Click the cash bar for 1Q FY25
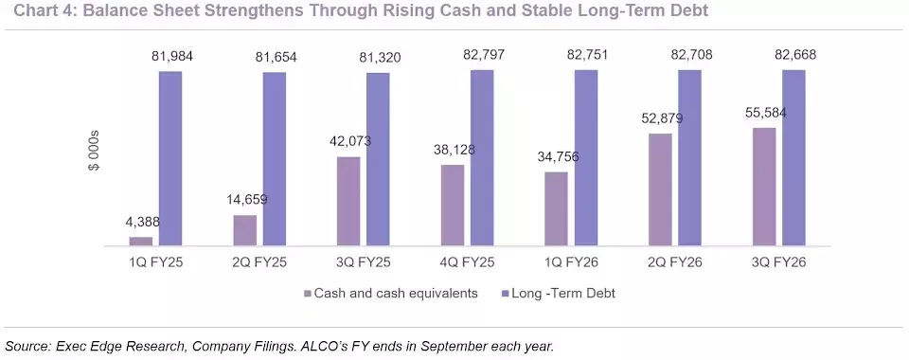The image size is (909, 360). click(x=141, y=242)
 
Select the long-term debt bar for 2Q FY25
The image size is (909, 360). click(x=275, y=159)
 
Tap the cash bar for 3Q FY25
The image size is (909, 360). click(x=348, y=202)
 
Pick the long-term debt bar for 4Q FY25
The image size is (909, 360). click(x=482, y=158)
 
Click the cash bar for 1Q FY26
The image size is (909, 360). click(x=557, y=209)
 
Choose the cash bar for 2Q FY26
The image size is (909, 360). click(x=660, y=190)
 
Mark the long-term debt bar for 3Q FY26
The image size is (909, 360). click(x=793, y=158)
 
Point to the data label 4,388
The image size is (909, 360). click(x=143, y=222)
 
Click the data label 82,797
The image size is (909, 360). click(x=484, y=55)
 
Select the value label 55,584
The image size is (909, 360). click(x=765, y=113)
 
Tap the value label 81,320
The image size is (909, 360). click(x=380, y=58)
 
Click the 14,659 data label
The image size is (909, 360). click(x=246, y=200)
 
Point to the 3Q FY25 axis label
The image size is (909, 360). click(x=363, y=262)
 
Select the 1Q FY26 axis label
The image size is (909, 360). click(x=571, y=262)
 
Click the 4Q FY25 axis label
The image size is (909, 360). click(x=467, y=262)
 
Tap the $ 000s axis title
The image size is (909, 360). click(x=94, y=150)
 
